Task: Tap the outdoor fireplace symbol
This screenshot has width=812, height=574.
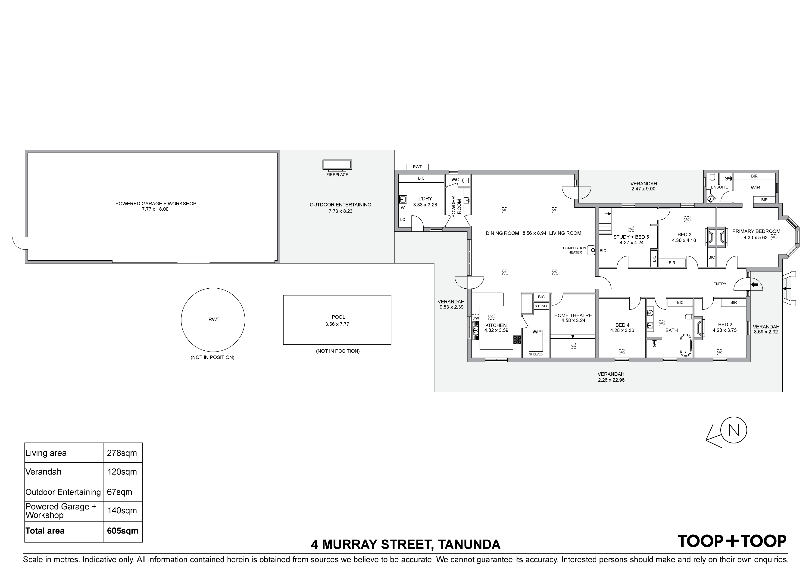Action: coord(337,165)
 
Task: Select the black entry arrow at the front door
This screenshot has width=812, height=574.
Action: coord(754,284)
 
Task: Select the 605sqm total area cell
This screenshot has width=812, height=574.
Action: coord(123,531)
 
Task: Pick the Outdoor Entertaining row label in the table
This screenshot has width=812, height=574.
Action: coord(63,492)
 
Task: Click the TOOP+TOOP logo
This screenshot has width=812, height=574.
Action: coord(732,541)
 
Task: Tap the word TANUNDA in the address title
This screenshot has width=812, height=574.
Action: coord(469,544)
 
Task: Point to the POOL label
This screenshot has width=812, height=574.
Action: coord(338,317)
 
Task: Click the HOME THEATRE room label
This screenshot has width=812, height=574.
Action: coord(573,315)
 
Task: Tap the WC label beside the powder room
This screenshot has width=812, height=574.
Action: coord(455,180)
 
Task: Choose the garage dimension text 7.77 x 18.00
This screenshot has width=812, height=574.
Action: coord(155,209)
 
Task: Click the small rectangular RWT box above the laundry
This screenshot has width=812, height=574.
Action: coord(417,167)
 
